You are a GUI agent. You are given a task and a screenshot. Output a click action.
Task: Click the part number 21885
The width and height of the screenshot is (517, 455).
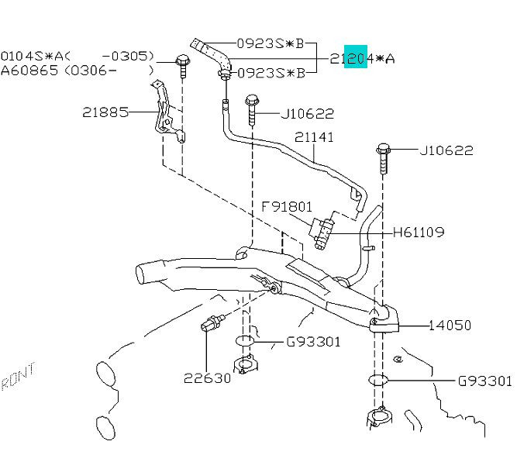point(105,112)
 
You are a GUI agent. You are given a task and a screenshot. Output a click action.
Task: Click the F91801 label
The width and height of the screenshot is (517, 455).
point(286,207)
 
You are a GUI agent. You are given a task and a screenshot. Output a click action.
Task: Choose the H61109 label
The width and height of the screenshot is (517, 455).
point(419,232)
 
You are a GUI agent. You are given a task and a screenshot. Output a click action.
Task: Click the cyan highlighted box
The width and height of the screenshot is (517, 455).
point(357,57)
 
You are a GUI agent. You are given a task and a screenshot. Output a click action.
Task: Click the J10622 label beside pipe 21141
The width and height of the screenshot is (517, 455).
point(307,114)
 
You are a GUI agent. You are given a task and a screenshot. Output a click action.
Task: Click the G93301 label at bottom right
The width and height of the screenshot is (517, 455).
point(484,381)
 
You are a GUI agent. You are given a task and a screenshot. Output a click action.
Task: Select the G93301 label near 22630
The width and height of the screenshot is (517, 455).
point(314,342)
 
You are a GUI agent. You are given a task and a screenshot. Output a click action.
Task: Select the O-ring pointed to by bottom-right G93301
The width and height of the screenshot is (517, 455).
point(377,381)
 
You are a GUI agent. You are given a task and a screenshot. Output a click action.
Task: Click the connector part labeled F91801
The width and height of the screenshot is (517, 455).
point(322,231)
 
